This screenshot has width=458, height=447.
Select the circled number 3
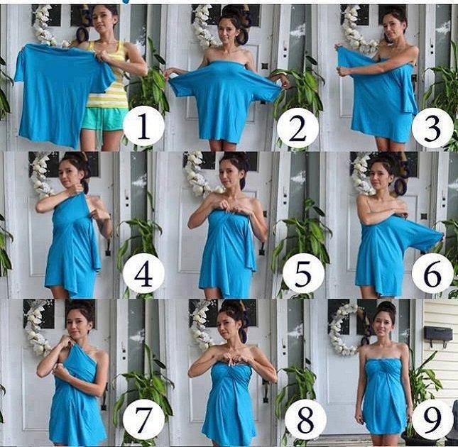(x=433, y=128)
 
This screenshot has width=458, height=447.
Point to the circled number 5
(x=303, y=275)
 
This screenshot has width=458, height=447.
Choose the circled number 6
(x=432, y=274)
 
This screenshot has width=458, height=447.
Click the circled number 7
(x=143, y=419)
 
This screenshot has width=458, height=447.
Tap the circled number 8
(x=305, y=420)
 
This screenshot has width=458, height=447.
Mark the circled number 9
(x=432, y=419)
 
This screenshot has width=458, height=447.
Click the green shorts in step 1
(x=103, y=119)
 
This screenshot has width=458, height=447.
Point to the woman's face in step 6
(x=380, y=177)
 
